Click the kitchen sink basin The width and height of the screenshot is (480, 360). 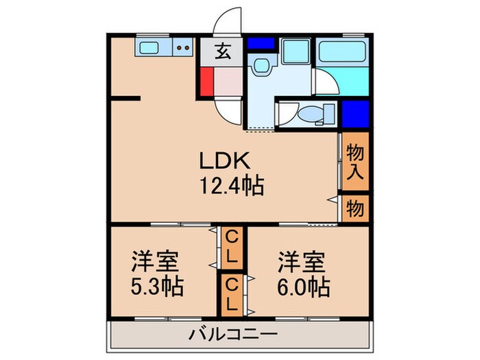pos(149,49)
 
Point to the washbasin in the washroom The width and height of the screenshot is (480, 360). pos(260,67)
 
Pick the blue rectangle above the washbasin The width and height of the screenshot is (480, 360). pos(261,43)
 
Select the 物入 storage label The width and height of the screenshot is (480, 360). pos(354,162)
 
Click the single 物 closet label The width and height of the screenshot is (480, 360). pos(354,207)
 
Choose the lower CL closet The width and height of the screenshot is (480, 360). pos(232,293)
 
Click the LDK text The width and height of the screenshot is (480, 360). pos(226,161)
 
